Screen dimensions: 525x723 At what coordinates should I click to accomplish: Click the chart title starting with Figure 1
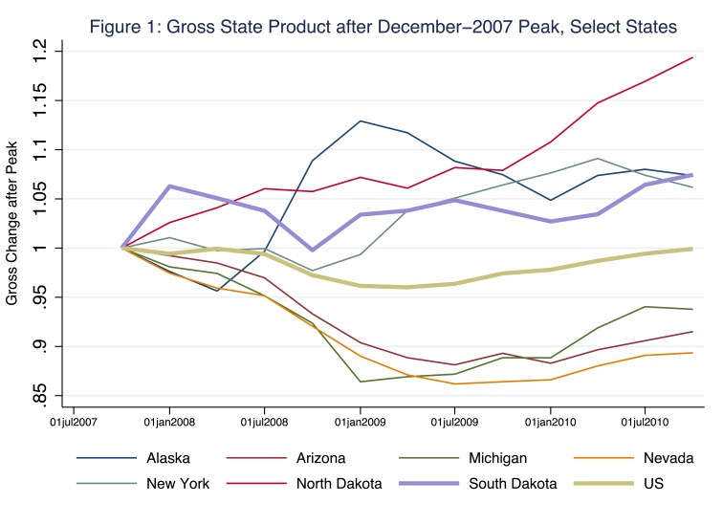[370, 26]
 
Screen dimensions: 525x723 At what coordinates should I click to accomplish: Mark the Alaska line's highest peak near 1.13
[361, 121]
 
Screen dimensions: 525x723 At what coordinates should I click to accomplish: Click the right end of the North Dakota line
[692, 57]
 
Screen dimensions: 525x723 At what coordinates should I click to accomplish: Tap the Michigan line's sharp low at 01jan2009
[361, 382]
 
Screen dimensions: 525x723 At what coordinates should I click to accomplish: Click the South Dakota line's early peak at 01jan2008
[169, 186]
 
